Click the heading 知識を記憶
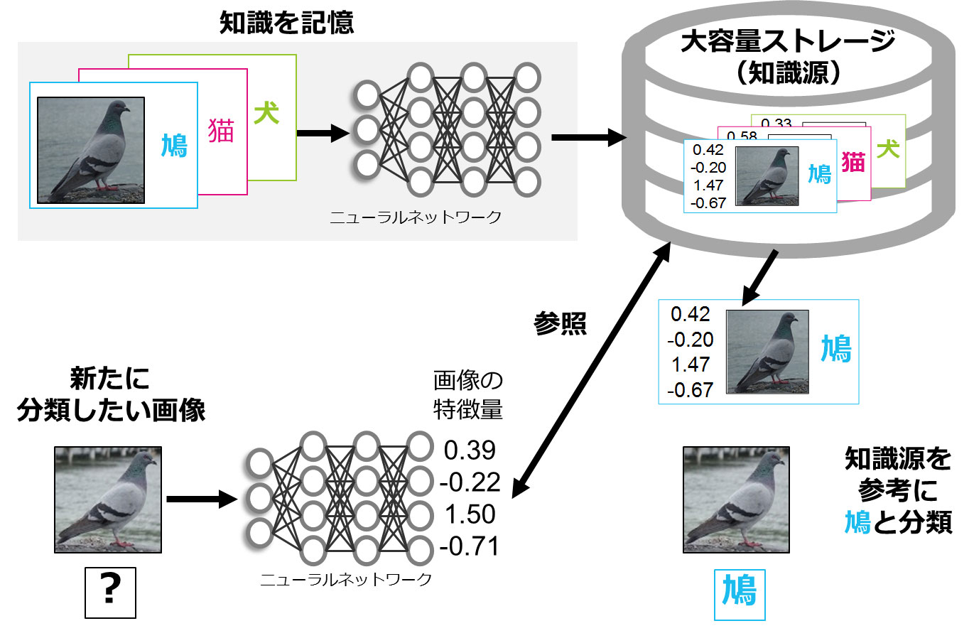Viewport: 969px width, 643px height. point(286,23)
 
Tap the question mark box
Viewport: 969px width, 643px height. point(109,592)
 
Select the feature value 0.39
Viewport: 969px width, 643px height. point(470,450)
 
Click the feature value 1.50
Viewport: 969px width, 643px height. point(470,514)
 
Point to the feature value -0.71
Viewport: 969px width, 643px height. point(470,546)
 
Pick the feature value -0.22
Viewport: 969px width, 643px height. point(470,482)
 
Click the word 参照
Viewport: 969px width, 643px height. point(560,323)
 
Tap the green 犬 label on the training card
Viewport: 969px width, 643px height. point(266,112)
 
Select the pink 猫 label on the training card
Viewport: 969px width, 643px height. point(221,131)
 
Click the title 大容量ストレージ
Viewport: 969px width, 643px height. point(787,41)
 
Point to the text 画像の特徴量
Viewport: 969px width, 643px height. point(467,394)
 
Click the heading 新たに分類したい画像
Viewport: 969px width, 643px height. point(110,394)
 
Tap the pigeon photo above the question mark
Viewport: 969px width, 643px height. point(108,499)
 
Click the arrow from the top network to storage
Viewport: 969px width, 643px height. point(587,137)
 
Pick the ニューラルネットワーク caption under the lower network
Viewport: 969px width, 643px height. point(345,580)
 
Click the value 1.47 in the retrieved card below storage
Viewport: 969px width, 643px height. point(690,364)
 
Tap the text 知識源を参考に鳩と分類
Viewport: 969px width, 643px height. point(898,490)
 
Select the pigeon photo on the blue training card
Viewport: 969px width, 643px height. point(90,150)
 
